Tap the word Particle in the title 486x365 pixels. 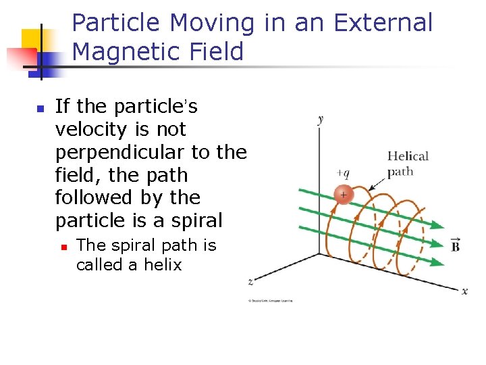117,23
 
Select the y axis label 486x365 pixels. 320,120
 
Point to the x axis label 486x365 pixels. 464,291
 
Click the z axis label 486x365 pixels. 251,281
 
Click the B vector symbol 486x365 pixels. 456,245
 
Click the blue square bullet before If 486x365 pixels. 40,108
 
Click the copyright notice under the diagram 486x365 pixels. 270,300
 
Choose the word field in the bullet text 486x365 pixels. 74,175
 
